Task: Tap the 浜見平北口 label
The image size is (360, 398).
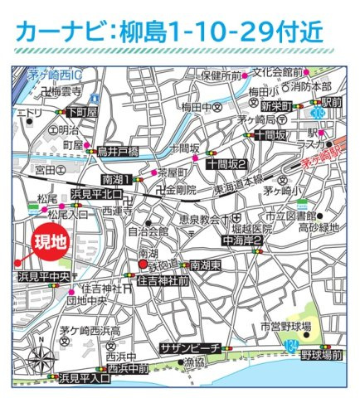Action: tap(97, 194)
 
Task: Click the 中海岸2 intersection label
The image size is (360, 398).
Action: tap(243, 240)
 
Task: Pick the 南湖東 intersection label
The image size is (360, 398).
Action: tap(204, 265)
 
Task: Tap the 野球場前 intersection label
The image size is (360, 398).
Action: tap(322, 355)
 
